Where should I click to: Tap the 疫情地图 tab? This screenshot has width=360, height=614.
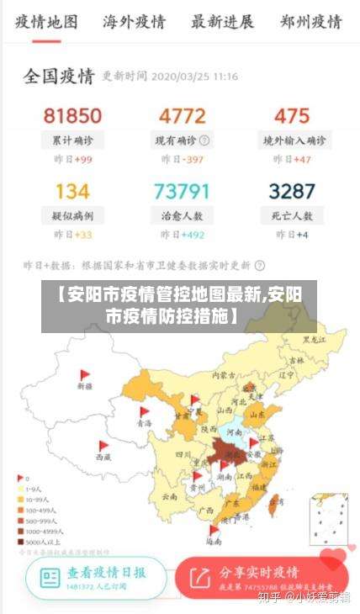(46, 21)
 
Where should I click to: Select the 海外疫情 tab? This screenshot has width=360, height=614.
(134, 21)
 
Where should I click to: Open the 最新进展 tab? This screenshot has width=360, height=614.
(222, 21)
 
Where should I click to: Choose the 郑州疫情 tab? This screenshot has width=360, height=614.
(310, 21)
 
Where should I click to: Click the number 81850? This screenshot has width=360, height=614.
(72, 115)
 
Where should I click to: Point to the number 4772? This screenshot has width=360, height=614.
(182, 115)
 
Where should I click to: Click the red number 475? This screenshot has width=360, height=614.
(292, 115)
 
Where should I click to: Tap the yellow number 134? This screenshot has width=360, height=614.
(72, 191)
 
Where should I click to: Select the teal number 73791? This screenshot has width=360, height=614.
(182, 191)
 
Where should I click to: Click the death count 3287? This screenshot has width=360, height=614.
(292, 191)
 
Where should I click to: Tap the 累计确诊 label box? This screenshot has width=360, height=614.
(72, 140)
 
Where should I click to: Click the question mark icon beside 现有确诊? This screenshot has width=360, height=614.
(204, 140)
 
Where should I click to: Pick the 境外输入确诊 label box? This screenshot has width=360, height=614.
(293, 140)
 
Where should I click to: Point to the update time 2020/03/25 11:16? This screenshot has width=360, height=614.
(193, 77)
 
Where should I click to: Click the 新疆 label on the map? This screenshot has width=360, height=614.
(84, 387)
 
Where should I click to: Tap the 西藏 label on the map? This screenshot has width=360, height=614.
(103, 457)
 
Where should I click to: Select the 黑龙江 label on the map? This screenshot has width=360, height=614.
(313, 340)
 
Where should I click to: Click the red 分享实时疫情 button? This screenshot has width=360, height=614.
(262, 576)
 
